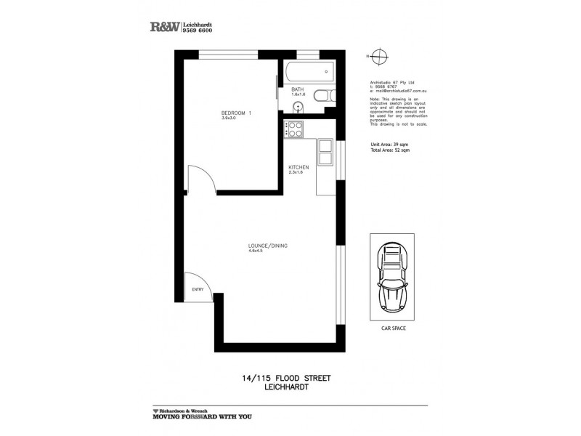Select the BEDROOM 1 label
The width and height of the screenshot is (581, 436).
pos(236,113)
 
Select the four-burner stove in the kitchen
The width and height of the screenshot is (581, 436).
pos(296,129)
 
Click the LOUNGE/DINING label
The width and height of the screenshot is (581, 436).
pos(268,246)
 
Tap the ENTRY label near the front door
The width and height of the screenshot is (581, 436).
pos(198,289)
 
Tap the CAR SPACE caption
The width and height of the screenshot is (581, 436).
pos(393,328)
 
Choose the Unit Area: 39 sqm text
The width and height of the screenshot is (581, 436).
pos(390,145)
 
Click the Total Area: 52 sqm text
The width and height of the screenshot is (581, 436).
pos(390,150)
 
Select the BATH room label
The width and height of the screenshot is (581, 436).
pos(297,89)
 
